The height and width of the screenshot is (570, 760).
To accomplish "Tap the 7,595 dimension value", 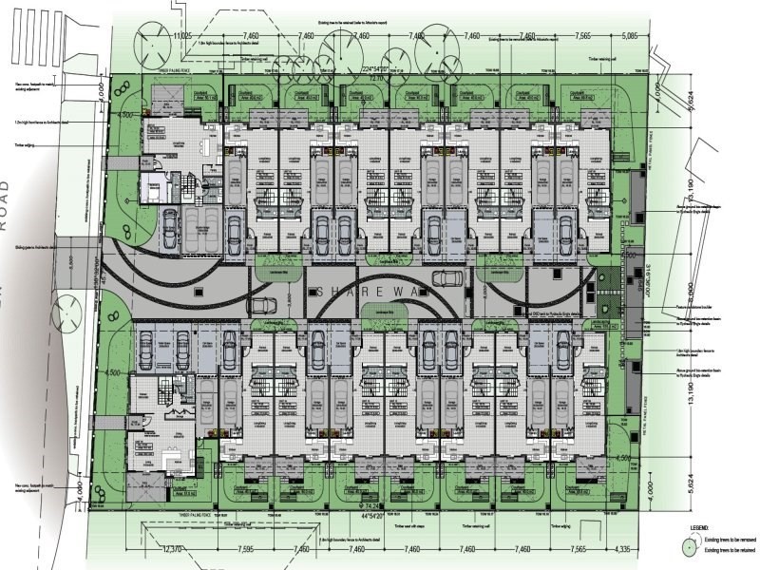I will pyautogui.click(x=245, y=548).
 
